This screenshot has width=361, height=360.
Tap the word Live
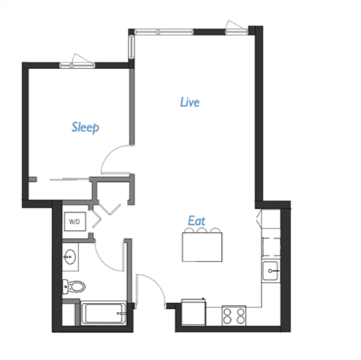[x=190, y=102]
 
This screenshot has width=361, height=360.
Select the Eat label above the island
[x=197, y=221]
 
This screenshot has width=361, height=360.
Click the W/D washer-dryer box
[x=75, y=222]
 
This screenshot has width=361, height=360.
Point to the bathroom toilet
[x=76, y=286]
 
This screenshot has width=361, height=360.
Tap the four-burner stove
[x=235, y=316]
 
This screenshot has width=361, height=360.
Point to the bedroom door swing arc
[x=114, y=159]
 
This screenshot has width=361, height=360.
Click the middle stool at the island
[x=203, y=231]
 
